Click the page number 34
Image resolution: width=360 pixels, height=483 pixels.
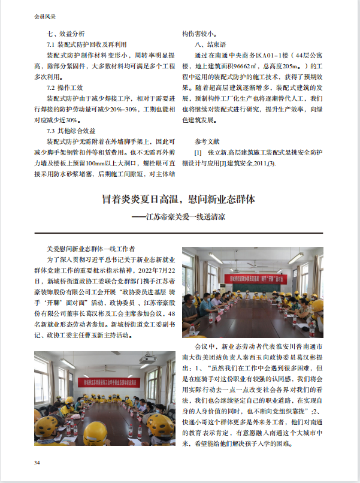(x=37, y=462)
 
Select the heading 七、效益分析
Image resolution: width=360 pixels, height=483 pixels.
(x=65, y=34)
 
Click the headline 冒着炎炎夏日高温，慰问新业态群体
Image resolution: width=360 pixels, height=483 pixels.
(x=179, y=198)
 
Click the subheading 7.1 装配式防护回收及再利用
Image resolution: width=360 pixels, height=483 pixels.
(x=86, y=45)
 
